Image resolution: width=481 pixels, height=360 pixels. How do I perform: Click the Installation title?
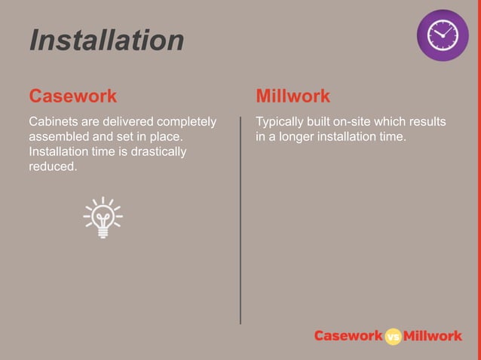pyautogui.click(x=106, y=40)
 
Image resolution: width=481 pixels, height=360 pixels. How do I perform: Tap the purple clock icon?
pyautogui.click(x=443, y=35)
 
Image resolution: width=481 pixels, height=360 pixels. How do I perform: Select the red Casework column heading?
pyautogui.click(x=72, y=96)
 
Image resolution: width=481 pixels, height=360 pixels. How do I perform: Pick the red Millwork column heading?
pyautogui.click(x=293, y=96)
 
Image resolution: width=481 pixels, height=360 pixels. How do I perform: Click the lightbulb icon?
pyautogui.click(x=103, y=217)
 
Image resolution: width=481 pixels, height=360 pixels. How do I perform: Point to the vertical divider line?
pyautogui.click(x=241, y=218)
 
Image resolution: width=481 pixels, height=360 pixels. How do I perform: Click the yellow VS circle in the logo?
pyautogui.click(x=393, y=337)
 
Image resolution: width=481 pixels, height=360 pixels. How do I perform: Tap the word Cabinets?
pyautogui.click(x=53, y=121)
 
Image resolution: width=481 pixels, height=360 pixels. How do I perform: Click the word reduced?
pyautogui.click(x=52, y=166)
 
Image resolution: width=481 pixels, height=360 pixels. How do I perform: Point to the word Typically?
pyautogui.click(x=281, y=121)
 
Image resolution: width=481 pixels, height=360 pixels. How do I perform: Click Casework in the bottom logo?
pyautogui.click(x=348, y=337)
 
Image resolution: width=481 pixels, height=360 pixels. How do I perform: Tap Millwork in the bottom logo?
pyautogui.click(x=433, y=337)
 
